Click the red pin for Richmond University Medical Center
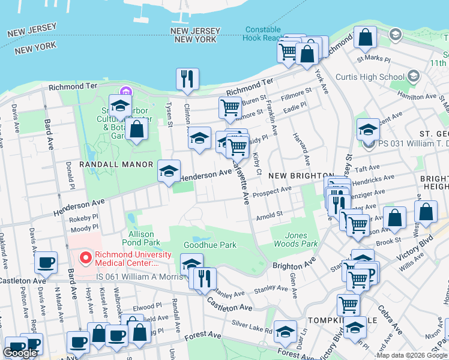[x=86, y=259]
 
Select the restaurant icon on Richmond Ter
[x=187, y=79]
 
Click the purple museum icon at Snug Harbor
[x=125, y=92]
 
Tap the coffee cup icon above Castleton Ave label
[x=46, y=262]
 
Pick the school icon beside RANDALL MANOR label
[x=169, y=170]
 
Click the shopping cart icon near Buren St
[x=231, y=108]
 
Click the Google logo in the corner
[x=20, y=353]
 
